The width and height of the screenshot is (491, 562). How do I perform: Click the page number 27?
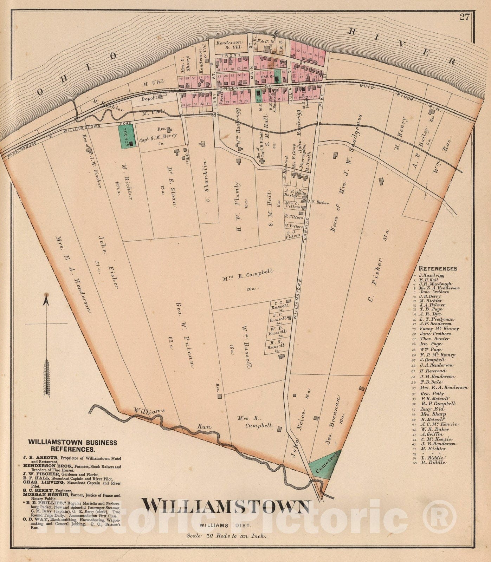[464, 17]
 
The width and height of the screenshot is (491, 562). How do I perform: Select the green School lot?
[126, 137]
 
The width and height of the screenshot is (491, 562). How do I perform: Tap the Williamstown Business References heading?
[73, 445]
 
